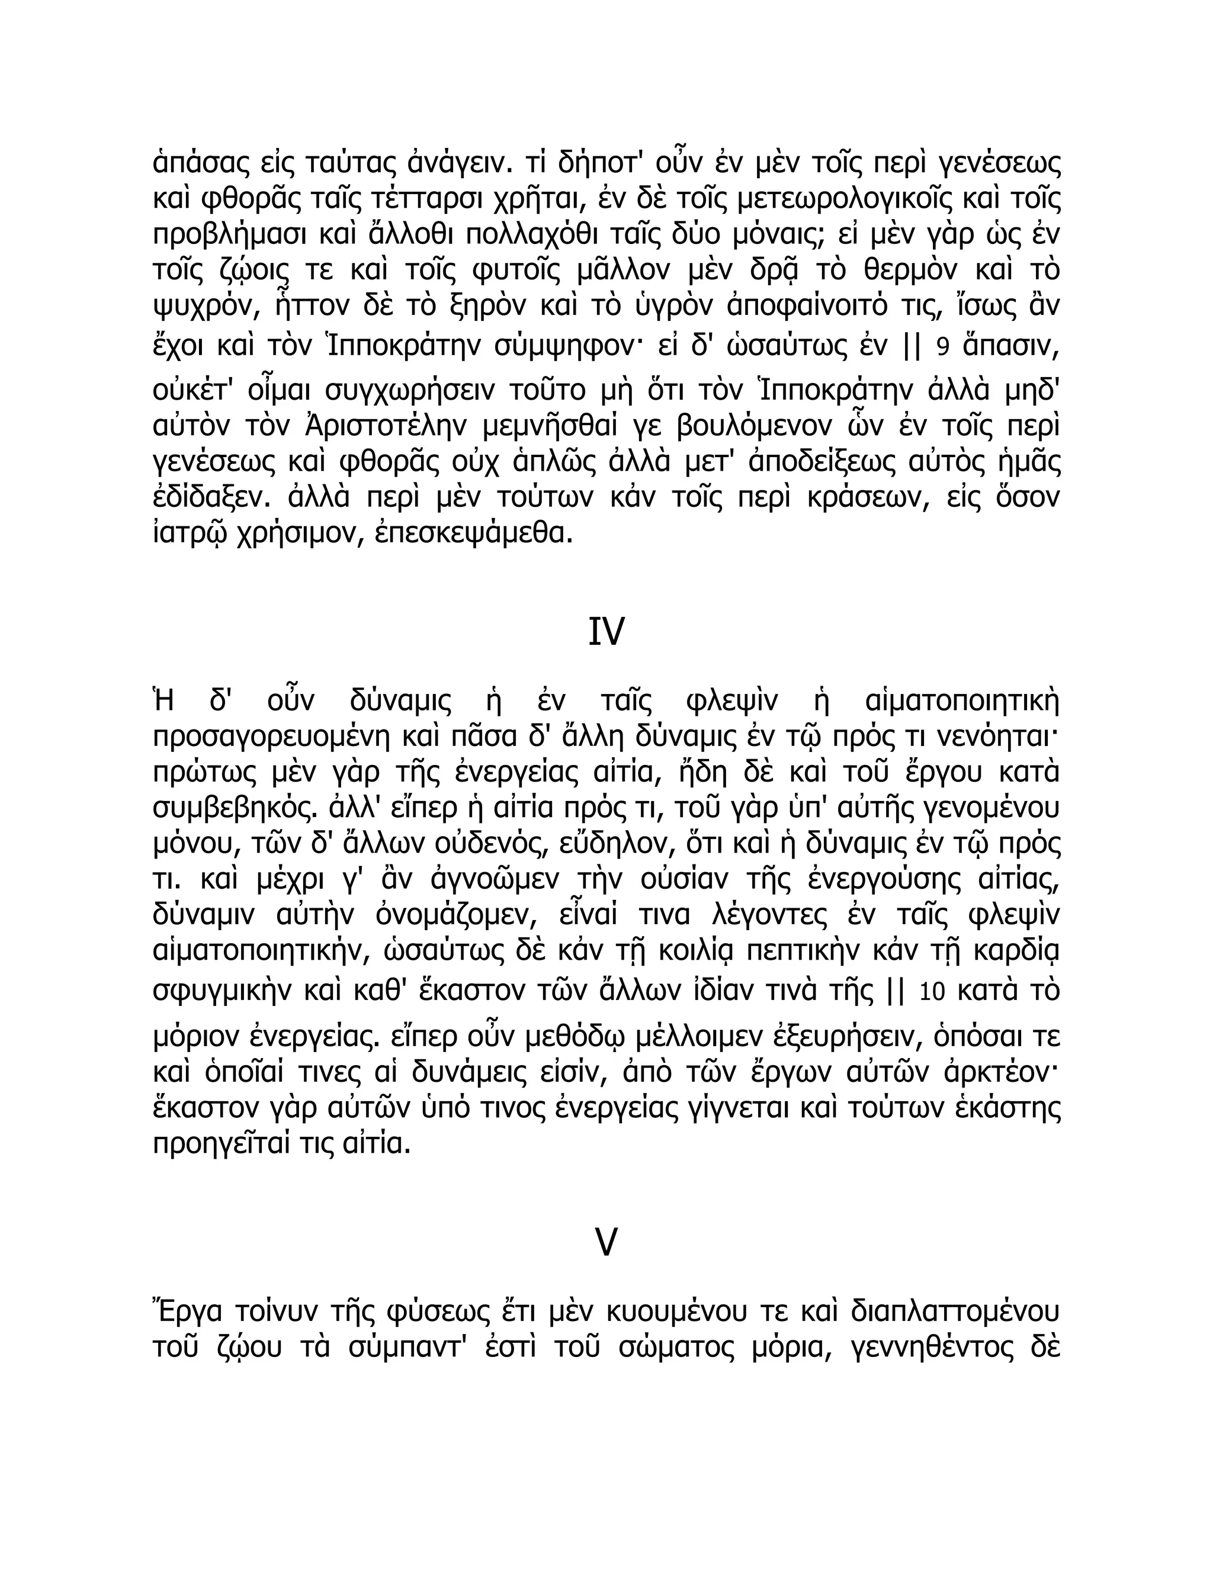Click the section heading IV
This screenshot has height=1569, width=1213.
click(606, 632)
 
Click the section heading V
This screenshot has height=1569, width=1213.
click(606, 1242)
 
